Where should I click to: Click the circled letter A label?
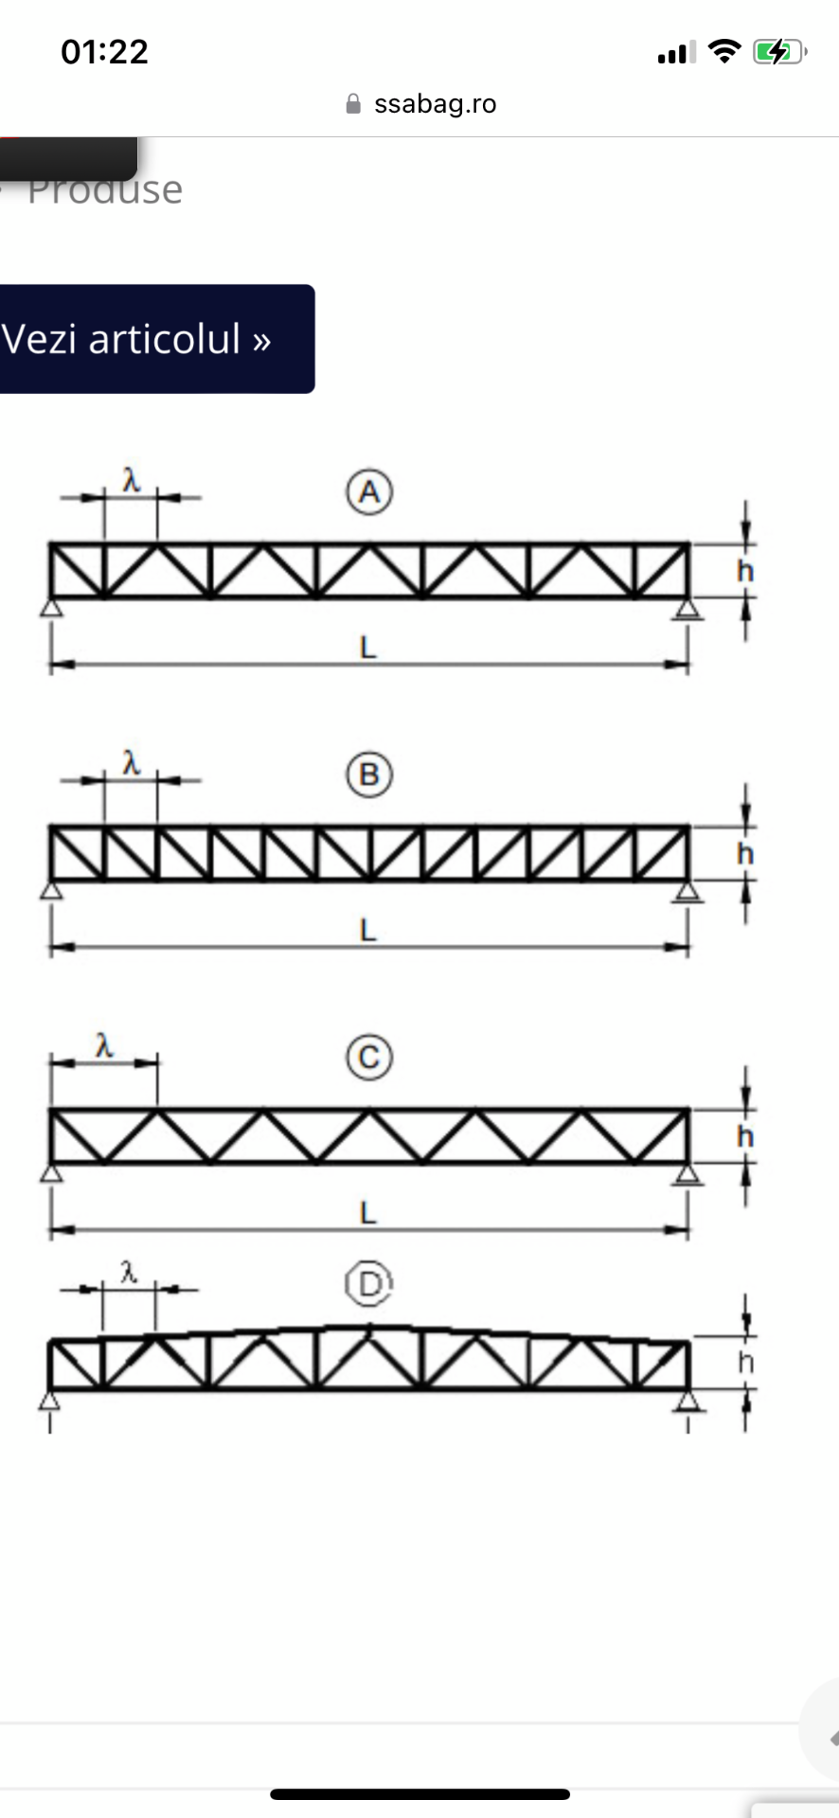point(369,492)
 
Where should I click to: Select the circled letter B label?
point(369,775)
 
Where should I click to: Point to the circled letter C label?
point(369,1057)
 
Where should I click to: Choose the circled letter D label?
point(369,1284)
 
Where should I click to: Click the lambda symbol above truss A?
point(132,480)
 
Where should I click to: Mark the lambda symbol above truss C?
point(104,1045)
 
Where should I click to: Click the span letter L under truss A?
point(368,648)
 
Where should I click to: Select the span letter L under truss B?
point(368,930)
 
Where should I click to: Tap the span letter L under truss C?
point(368,1212)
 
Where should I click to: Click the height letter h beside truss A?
point(746,571)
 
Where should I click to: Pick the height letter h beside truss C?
point(746,1135)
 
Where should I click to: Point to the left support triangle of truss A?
point(52,607)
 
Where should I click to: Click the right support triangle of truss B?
point(687,890)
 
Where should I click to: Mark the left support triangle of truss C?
point(52,1172)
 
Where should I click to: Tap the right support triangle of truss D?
point(687,1399)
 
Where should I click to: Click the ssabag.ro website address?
point(435,103)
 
